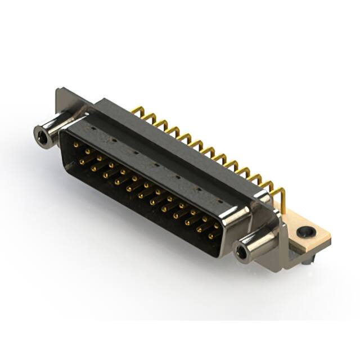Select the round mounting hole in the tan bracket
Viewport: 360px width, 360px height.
(x=305, y=231)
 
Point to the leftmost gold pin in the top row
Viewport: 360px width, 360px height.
(x=75, y=145)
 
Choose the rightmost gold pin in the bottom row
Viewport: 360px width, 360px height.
(x=211, y=237)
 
